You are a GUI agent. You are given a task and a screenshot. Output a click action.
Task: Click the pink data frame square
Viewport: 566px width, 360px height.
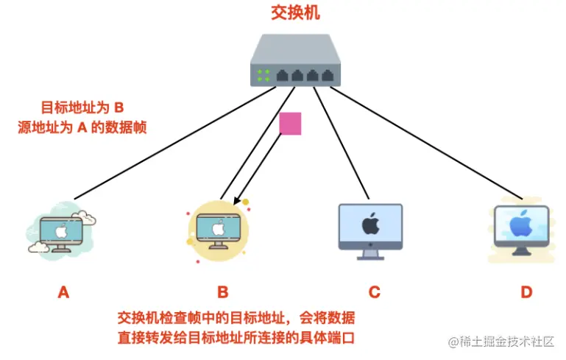291,124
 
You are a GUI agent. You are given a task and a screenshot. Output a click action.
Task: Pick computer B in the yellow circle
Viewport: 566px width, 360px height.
218,229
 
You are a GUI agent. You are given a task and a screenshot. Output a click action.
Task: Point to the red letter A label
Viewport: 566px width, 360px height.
63,292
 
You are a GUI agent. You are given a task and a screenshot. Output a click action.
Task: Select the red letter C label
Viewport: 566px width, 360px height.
374,292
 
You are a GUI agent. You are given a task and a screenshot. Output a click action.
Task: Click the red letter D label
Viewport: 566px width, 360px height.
526,292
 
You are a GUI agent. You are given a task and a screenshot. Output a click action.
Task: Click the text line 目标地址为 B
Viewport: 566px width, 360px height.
82,107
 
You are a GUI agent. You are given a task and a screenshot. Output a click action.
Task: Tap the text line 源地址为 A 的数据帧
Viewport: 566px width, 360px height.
82,127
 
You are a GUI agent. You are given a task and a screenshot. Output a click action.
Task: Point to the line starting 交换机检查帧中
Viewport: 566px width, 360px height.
236,318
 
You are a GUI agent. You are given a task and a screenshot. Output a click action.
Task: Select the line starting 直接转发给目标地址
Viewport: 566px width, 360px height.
236,338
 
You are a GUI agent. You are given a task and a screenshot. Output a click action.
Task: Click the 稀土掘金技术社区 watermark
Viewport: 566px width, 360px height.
500,342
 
